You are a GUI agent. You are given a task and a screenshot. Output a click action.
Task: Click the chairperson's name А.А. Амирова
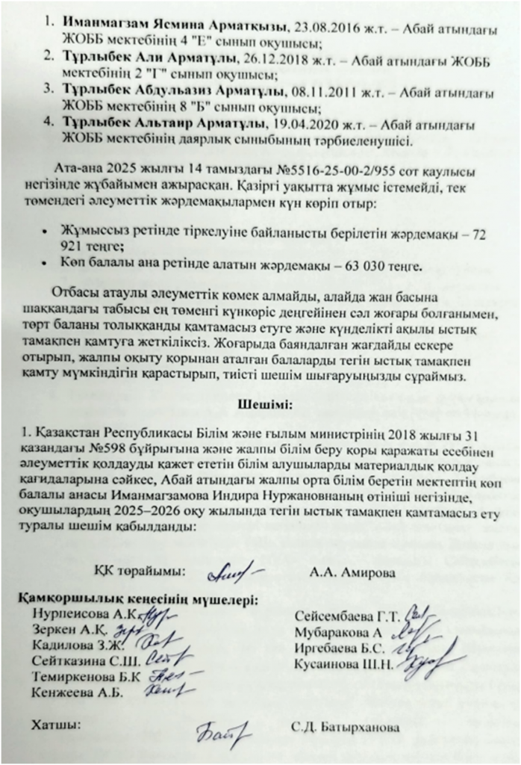click(345, 572)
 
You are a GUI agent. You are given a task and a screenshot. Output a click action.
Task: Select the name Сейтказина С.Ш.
click(75, 660)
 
